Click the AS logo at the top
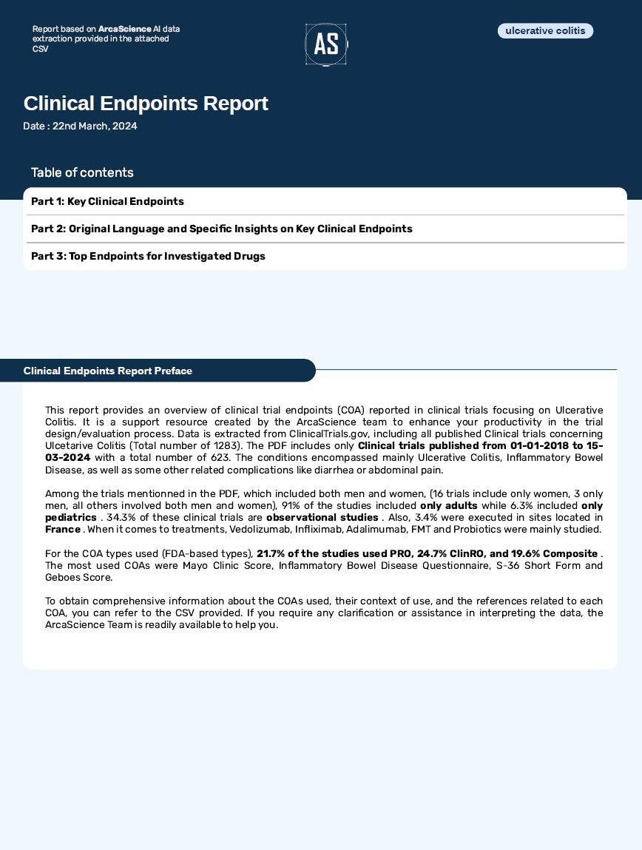pyautogui.click(x=325, y=44)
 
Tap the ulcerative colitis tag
pyautogui.click(x=545, y=30)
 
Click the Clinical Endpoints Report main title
pyautogui.click(x=146, y=104)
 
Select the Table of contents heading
pyautogui.click(x=82, y=172)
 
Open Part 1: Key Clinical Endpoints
pyautogui.click(x=107, y=201)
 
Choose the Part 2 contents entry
pyautogui.click(x=222, y=229)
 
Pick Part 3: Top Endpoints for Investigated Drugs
pyautogui.click(x=148, y=256)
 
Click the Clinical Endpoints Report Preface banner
pyautogui.click(x=108, y=371)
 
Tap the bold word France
pyautogui.click(x=62, y=529)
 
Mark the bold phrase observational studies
pyautogui.click(x=322, y=517)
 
